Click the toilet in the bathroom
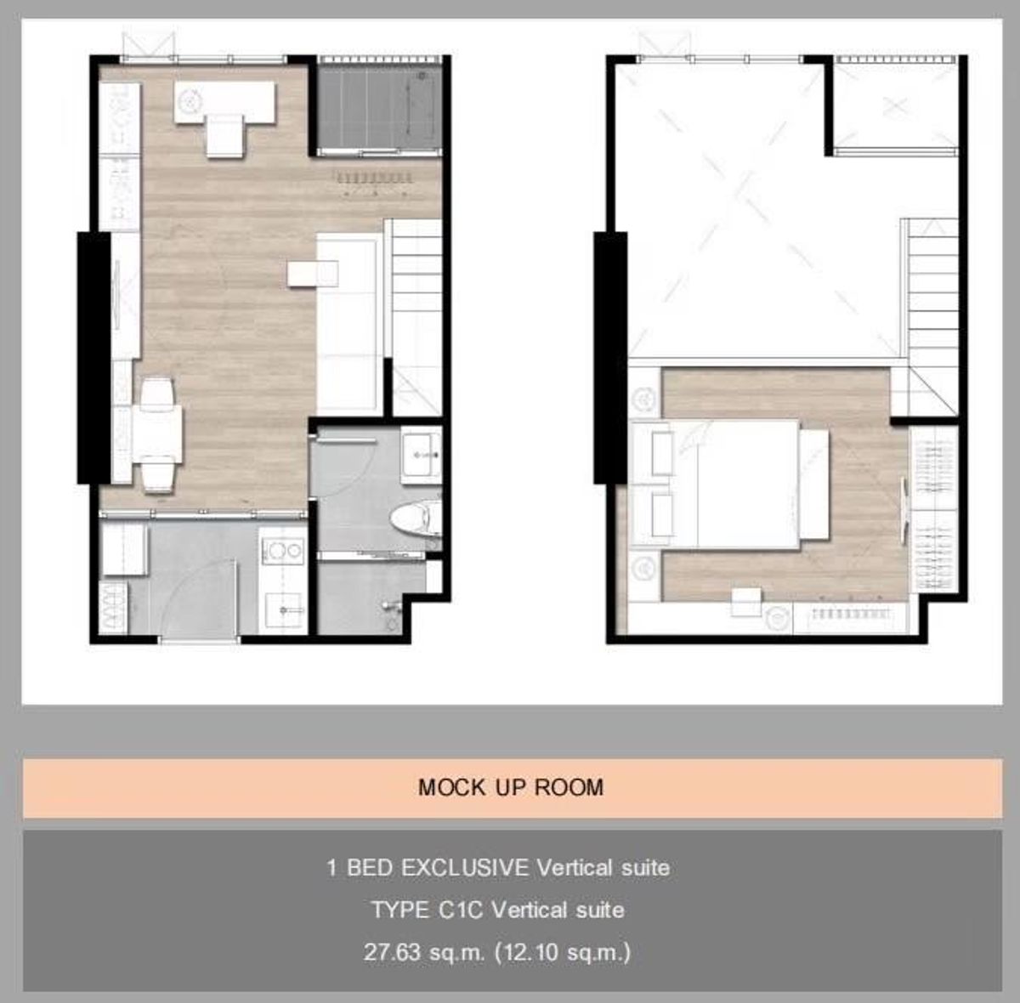click(417, 519)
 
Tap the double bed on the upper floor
click(730, 484)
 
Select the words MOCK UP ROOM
click(511, 787)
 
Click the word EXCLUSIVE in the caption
click(465, 868)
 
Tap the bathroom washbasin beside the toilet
click(422, 455)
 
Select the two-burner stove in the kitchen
click(283, 552)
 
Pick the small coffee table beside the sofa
click(313, 274)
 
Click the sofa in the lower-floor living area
click(350, 324)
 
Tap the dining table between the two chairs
click(157, 433)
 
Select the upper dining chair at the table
click(157, 394)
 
